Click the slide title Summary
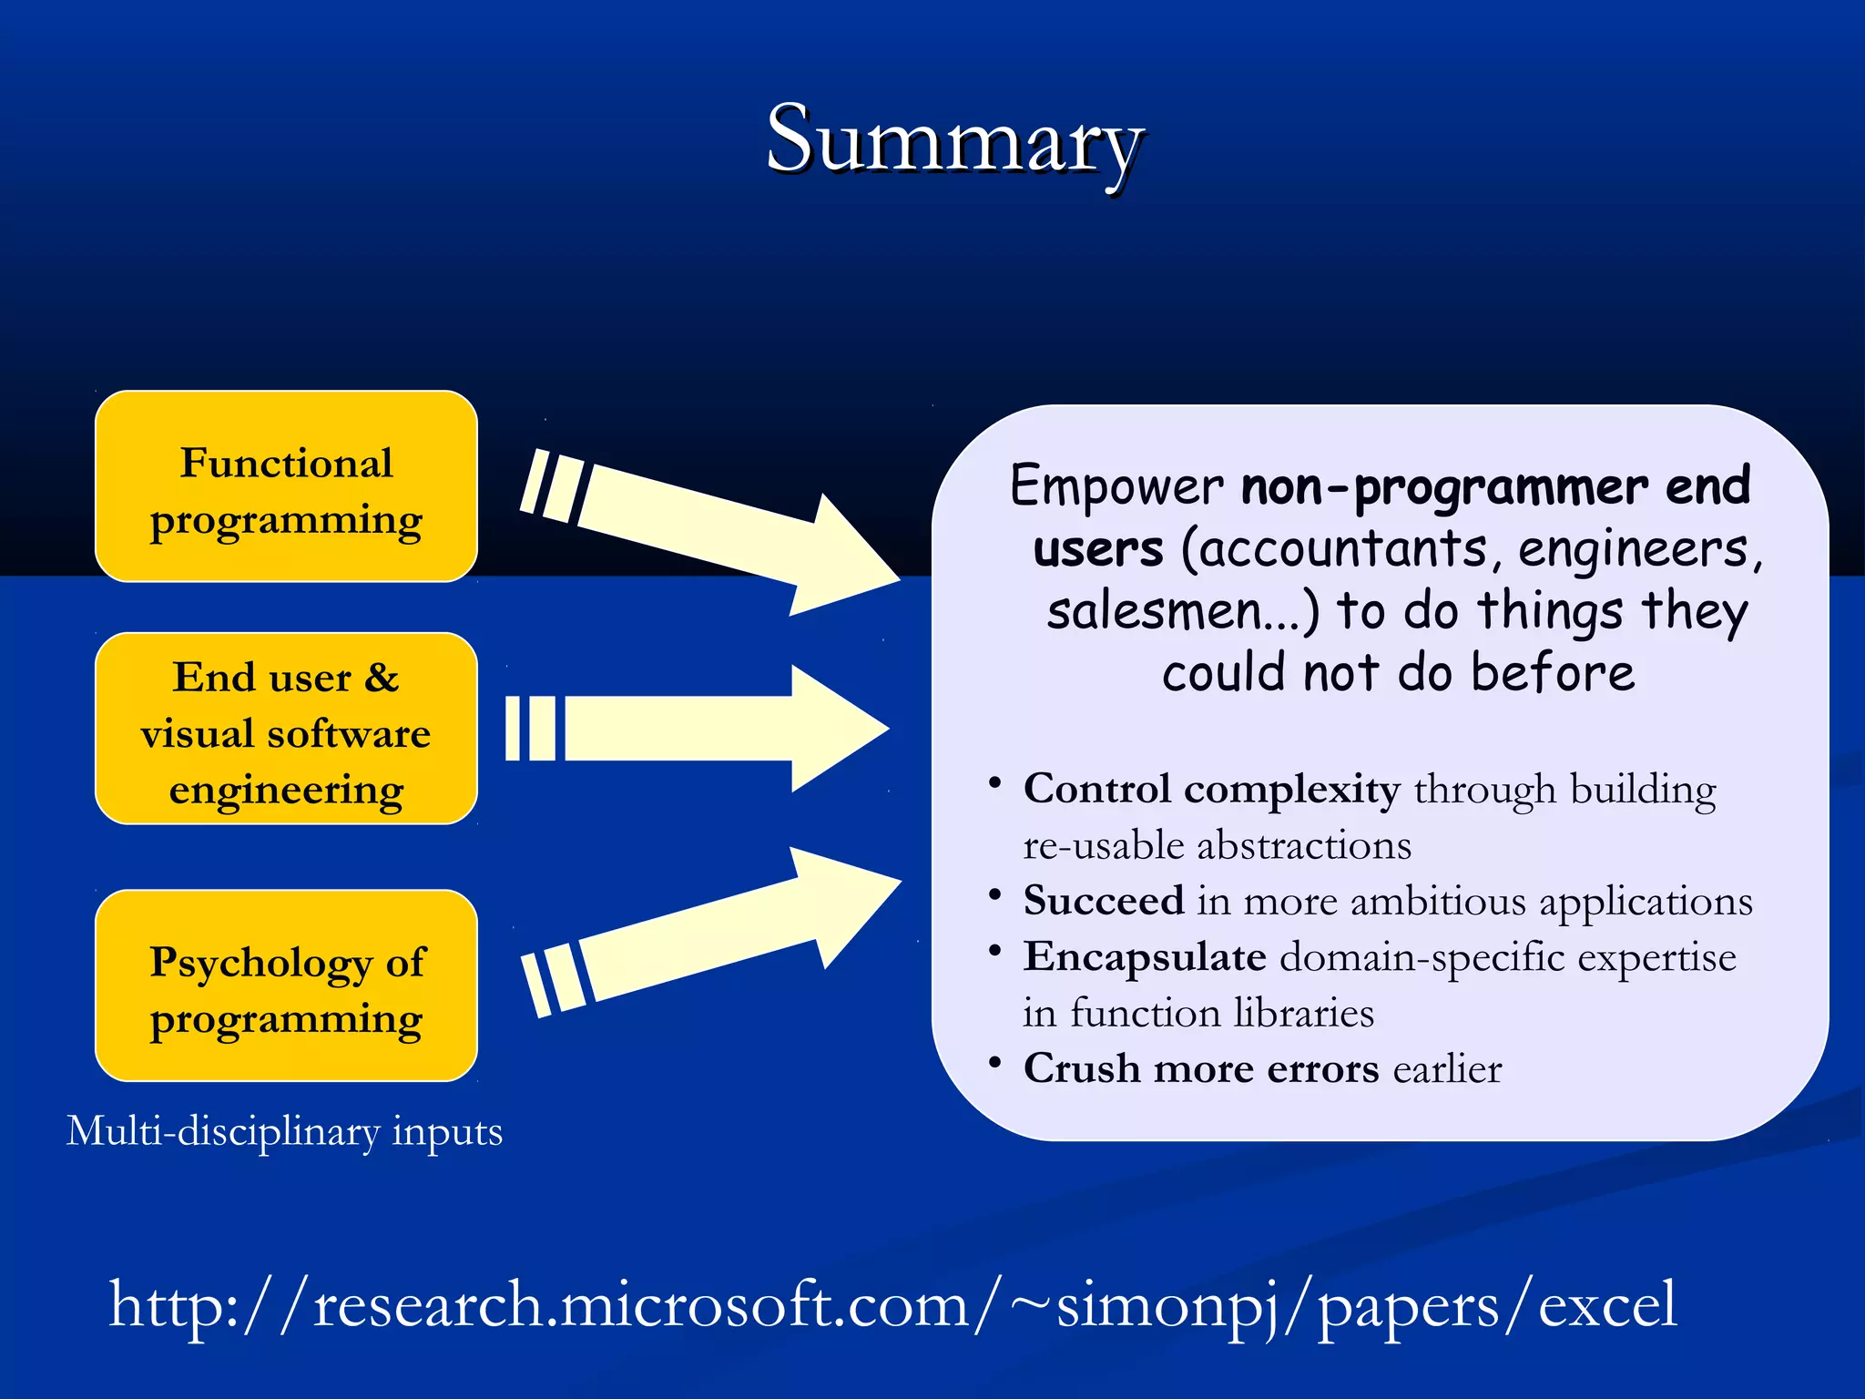(953, 141)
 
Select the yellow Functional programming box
(286, 486)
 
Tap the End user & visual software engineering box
(286, 729)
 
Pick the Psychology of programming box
(286, 985)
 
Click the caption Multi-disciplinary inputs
(284, 1131)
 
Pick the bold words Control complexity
(1211, 789)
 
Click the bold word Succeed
(1103, 901)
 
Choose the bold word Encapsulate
(1145, 957)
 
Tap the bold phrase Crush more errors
(1201, 1068)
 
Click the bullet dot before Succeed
(995, 894)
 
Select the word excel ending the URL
(1606, 1304)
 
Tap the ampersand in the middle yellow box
(382, 678)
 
